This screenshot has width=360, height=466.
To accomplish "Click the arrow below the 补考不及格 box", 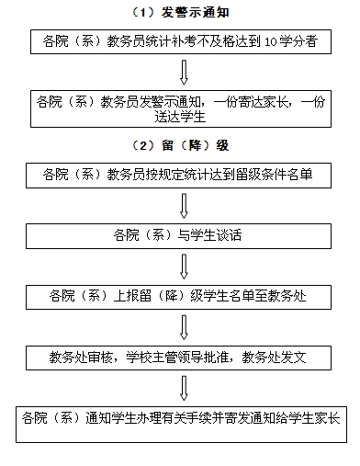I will pyautogui.click(x=182, y=75).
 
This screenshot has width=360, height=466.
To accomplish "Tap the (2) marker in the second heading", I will pyautogui.click(x=145, y=146).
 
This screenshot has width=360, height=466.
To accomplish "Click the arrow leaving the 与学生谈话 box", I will pyautogui.click(x=182, y=267).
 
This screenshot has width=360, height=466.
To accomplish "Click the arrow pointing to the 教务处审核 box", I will pyautogui.click(x=182, y=324).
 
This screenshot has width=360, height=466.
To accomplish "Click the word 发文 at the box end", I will pyautogui.click(x=301, y=356).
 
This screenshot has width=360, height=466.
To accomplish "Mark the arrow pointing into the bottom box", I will pyautogui.click(x=182, y=386).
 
